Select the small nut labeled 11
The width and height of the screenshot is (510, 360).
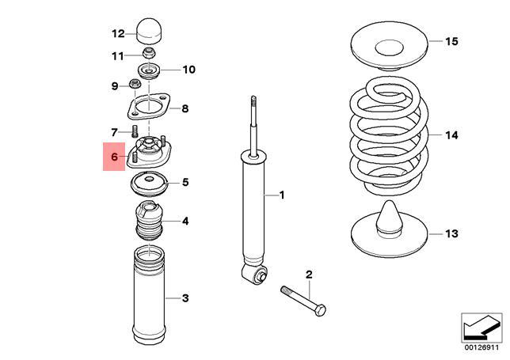pyautogui.click(x=148, y=55)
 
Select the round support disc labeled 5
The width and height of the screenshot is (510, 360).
pyautogui.click(x=148, y=185)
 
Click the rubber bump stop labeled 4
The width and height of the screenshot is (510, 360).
pyautogui.click(x=147, y=222)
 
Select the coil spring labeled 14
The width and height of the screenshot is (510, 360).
pyautogui.click(x=390, y=135)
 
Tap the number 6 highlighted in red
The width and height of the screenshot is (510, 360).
pyautogui.click(x=113, y=157)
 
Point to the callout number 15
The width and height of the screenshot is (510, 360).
pyautogui.click(x=451, y=41)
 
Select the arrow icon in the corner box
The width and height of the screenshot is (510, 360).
pyautogui.click(x=481, y=325)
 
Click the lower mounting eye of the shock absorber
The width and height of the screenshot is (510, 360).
pyautogui.click(x=256, y=275)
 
